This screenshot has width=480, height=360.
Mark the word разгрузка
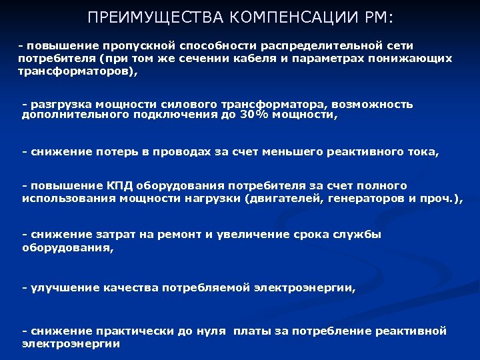tap(59, 104)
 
